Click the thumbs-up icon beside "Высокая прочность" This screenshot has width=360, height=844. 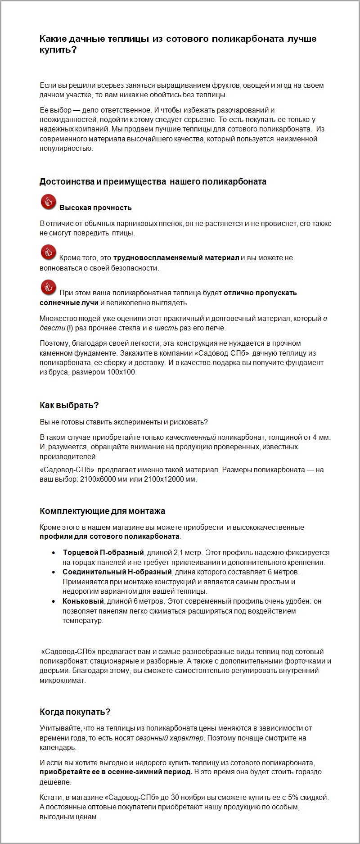[x=48, y=202]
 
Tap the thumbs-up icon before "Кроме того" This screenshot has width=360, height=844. [x=48, y=252]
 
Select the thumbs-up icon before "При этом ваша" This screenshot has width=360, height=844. [x=48, y=287]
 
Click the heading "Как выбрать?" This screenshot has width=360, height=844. [x=69, y=405]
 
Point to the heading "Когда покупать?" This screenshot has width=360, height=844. [x=75, y=712]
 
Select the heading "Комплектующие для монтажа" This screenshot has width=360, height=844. [x=102, y=511]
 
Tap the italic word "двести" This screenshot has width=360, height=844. [x=52, y=328]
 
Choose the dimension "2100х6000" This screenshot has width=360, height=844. [x=98, y=479]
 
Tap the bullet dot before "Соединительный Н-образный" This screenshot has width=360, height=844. [x=54, y=572]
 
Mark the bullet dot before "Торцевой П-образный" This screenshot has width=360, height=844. [x=54, y=553]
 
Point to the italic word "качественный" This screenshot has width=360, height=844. [x=191, y=437]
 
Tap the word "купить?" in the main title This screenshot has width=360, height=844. [x=58, y=50]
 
